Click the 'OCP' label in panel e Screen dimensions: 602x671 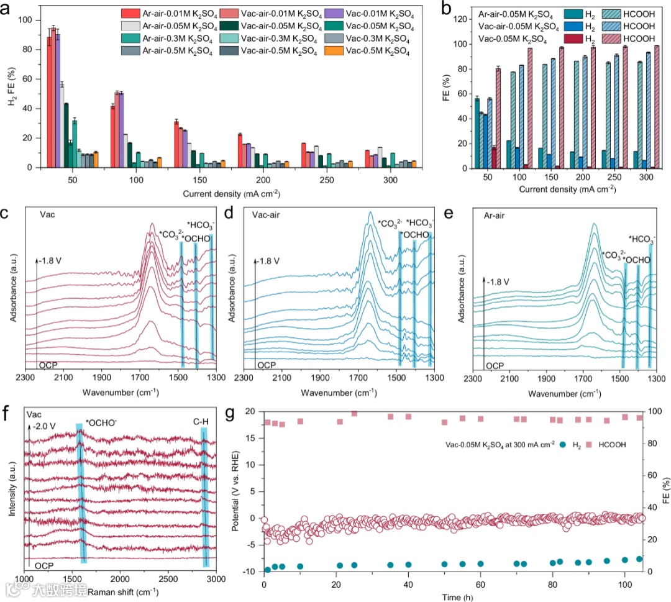click(495, 366)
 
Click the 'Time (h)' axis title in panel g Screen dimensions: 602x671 click(453, 595)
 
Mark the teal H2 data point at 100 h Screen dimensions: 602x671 click(624, 560)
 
